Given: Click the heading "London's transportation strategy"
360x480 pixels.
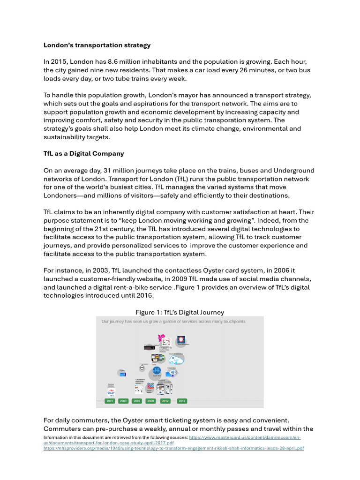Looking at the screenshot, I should click(97, 45).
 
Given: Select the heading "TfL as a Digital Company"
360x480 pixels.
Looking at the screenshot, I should click(84, 154).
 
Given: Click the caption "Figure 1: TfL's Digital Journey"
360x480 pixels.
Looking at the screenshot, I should click(180, 312).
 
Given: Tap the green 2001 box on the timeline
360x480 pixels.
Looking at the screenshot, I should click(110, 401).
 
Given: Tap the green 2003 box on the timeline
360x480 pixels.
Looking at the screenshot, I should click(123, 401).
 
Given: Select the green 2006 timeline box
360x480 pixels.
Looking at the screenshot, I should click(137, 401).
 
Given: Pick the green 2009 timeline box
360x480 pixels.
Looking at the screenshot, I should click(150, 401).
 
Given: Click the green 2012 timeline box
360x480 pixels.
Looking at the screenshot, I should click(165, 401).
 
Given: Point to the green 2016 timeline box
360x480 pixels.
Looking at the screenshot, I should click(182, 401).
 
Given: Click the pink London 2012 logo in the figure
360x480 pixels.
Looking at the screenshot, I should click(162, 338).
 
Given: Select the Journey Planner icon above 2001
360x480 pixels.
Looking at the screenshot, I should click(112, 391).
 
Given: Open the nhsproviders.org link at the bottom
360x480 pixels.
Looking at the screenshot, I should click(173, 448).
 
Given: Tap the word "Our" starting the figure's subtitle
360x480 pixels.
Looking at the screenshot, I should click(106, 322).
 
